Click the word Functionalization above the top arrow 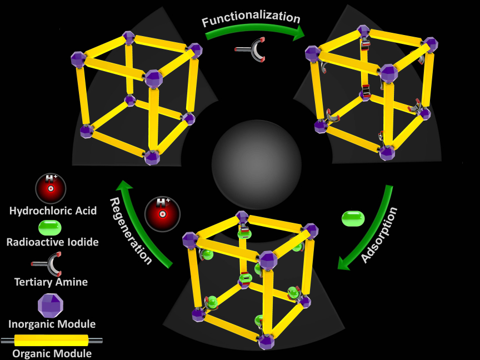pyautogui.click(x=251, y=18)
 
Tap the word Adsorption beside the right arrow pyautogui.click(x=379, y=235)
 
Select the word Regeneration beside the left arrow pyautogui.click(x=131, y=231)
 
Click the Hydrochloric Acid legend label pyautogui.click(x=53, y=211)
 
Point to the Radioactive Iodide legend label pyautogui.click(x=53, y=242)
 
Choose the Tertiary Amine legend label pyautogui.click(x=51, y=282)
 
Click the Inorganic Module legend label pyautogui.click(x=52, y=324)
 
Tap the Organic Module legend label pyautogui.click(x=52, y=353)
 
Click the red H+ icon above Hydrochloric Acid pyautogui.click(x=51, y=188)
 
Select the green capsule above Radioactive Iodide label pyautogui.click(x=50, y=228)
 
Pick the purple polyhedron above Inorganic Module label pyautogui.click(x=51, y=306)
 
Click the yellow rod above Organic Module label pyautogui.click(x=52, y=341)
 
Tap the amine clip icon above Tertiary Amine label pyautogui.click(x=49, y=264)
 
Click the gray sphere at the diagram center pyautogui.click(x=257, y=164)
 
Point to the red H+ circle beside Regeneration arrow pyautogui.click(x=162, y=214)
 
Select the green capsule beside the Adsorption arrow pyautogui.click(x=353, y=218)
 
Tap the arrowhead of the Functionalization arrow pyautogui.click(x=298, y=33)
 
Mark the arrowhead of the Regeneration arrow pyautogui.click(x=124, y=186)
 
